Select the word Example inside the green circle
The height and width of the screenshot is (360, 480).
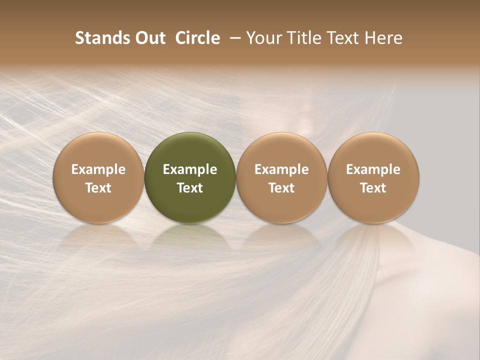pyautogui.click(x=190, y=169)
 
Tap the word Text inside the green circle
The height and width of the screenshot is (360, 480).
pyautogui.click(x=190, y=188)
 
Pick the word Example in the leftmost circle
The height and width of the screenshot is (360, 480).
pyautogui.click(x=98, y=169)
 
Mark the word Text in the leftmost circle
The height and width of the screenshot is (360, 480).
pyautogui.click(x=98, y=188)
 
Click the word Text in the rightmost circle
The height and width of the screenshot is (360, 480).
pyautogui.click(x=373, y=188)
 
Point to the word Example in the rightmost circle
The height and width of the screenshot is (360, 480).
pyautogui.click(x=373, y=169)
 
